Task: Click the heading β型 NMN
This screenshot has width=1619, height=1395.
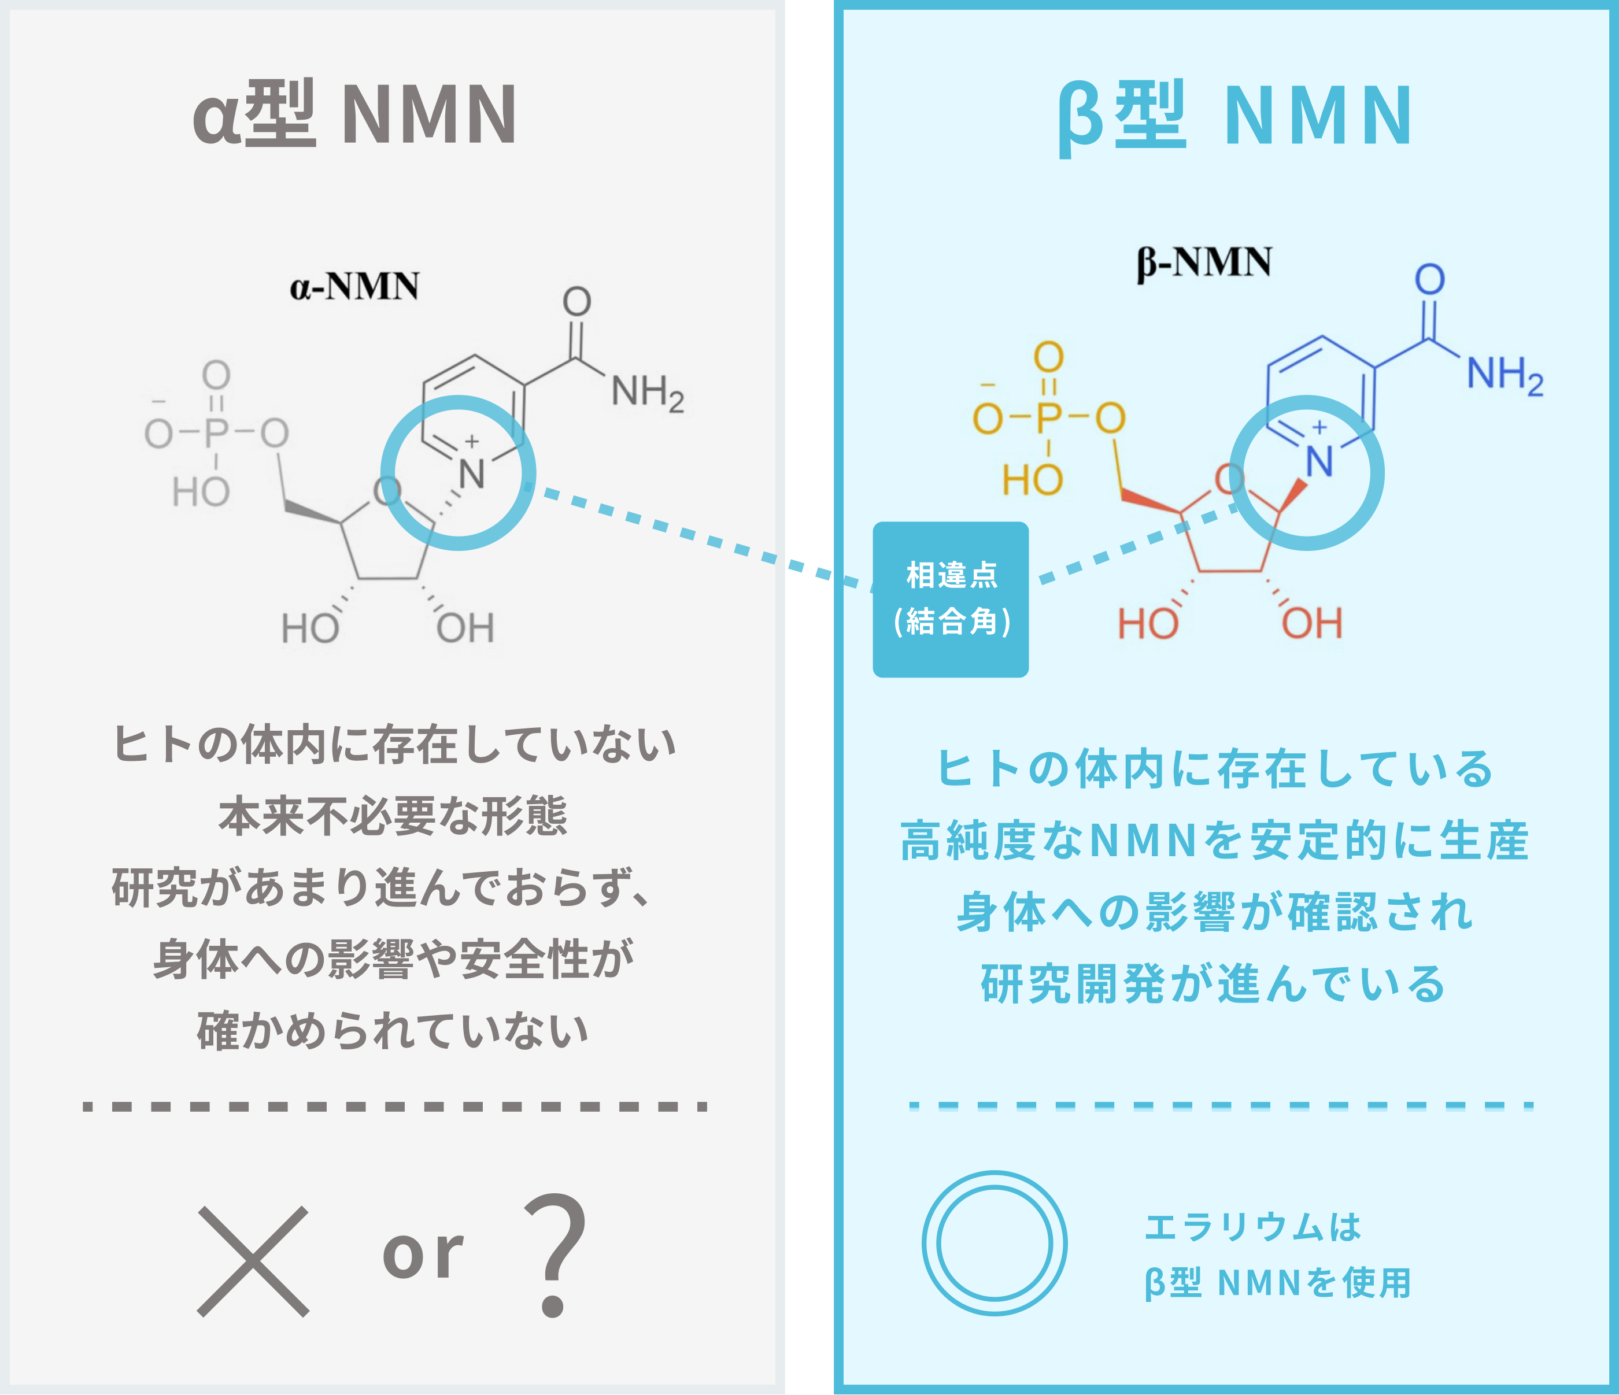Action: (x=1234, y=117)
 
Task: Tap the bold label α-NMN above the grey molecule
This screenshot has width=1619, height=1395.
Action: (x=354, y=287)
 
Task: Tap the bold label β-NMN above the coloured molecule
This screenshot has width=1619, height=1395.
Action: (x=1204, y=262)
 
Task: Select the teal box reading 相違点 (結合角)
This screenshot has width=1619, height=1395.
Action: (x=950, y=599)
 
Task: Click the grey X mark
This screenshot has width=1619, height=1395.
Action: (x=253, y=1261)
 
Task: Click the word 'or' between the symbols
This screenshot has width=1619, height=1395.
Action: (x=423, y=1253)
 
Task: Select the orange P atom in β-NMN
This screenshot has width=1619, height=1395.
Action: (x=1049, y=418)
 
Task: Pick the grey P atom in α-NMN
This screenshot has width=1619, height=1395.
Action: (x=216, y=432)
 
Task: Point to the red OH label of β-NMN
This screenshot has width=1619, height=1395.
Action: (x=1312, y=623)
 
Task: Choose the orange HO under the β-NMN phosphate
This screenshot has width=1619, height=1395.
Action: (x=1032, y=480)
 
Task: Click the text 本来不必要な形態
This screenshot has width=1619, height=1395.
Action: (x=393, y=816)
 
